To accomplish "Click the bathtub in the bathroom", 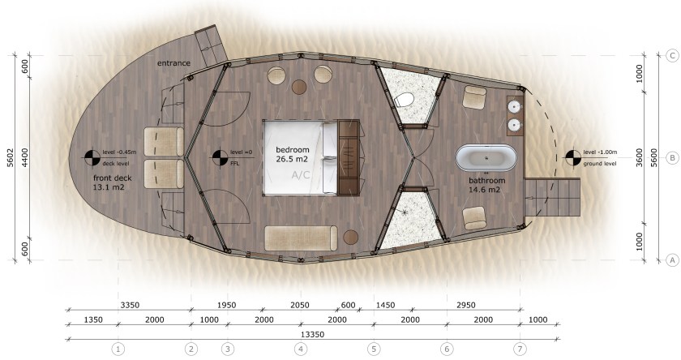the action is point(486,157).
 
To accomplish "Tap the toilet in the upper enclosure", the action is point(404,101).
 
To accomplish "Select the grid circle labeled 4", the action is point(301,349).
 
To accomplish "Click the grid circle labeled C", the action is point(672,56).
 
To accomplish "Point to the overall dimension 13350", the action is point(312,335).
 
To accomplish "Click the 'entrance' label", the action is point(173,63).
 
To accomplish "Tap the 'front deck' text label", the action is point(112,178).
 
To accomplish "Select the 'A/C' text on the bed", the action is point(301,175).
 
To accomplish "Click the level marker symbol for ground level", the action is point(572,157).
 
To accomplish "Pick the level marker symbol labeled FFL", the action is point(220,157).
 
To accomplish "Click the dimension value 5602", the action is point(11,157).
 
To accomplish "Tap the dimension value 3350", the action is point(130,305).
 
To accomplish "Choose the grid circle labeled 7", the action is point(520,349).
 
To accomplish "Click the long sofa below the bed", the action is point(301,238).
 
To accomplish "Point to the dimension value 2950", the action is point(466,305).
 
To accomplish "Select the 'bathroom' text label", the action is point(487,180).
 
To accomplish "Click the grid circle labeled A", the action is point(672,260).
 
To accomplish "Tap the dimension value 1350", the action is point(93,320).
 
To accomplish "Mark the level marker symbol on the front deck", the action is point(92,157).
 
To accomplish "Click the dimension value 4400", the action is point(25,157).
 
